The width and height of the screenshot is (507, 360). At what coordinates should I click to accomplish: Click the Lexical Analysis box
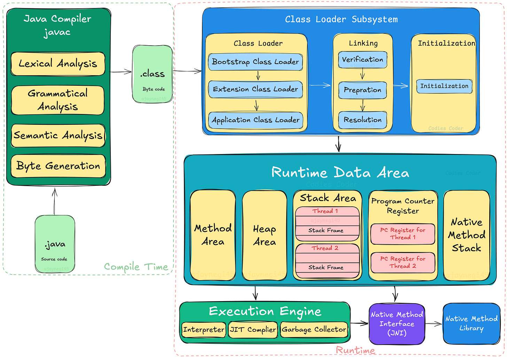(x=58, y=64)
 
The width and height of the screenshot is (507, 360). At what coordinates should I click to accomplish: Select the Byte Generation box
(x=58, y=166)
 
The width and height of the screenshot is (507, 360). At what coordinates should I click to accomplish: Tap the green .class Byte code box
(x=153, y=74)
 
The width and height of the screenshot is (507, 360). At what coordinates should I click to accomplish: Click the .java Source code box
(x=55, y=244)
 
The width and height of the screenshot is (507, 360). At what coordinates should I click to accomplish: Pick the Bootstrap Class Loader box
(x=255, y=62)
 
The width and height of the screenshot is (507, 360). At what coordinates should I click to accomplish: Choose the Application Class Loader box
(x=255, y=120)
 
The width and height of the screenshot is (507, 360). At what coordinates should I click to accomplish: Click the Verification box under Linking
(x=362, y=60)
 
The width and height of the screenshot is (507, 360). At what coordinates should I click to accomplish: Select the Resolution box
(x=362, y=120)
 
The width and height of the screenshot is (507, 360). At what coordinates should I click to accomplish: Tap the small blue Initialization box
(x=444, y=86)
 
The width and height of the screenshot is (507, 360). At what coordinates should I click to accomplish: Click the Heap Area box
(x=264, y=235)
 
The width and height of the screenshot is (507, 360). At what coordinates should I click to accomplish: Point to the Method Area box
(x=213, y=235)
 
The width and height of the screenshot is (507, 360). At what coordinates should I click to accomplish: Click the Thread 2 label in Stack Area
(x=325, y=248)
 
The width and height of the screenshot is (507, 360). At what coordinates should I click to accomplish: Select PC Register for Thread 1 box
(x=403, y=234)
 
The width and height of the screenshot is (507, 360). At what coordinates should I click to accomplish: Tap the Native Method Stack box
(x=466, y=235)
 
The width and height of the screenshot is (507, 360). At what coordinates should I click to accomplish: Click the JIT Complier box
(x=253, y=330)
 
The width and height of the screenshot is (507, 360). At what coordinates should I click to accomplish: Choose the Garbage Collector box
(x=314, y=330)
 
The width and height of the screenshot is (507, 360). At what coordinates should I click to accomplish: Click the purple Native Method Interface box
(x=397, y=324)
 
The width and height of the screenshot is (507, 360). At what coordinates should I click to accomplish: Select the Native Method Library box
(x=471, y=323)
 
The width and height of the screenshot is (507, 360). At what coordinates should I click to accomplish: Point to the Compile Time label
(x=136, y=267)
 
